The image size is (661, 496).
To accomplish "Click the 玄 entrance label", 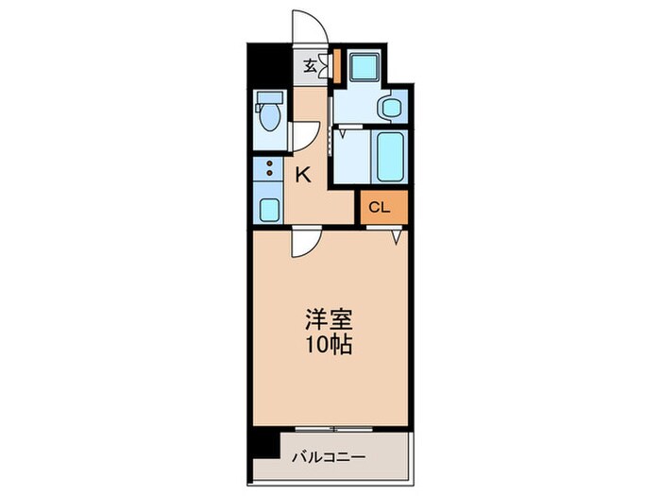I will tap(310, 66).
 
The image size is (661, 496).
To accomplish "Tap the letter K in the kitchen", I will tap(304, 174).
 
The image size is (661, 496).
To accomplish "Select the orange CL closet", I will tap(382, 207).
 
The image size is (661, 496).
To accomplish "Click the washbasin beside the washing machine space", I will tap(388, 108).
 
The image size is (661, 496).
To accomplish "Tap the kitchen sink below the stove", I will tap(270, 209).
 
